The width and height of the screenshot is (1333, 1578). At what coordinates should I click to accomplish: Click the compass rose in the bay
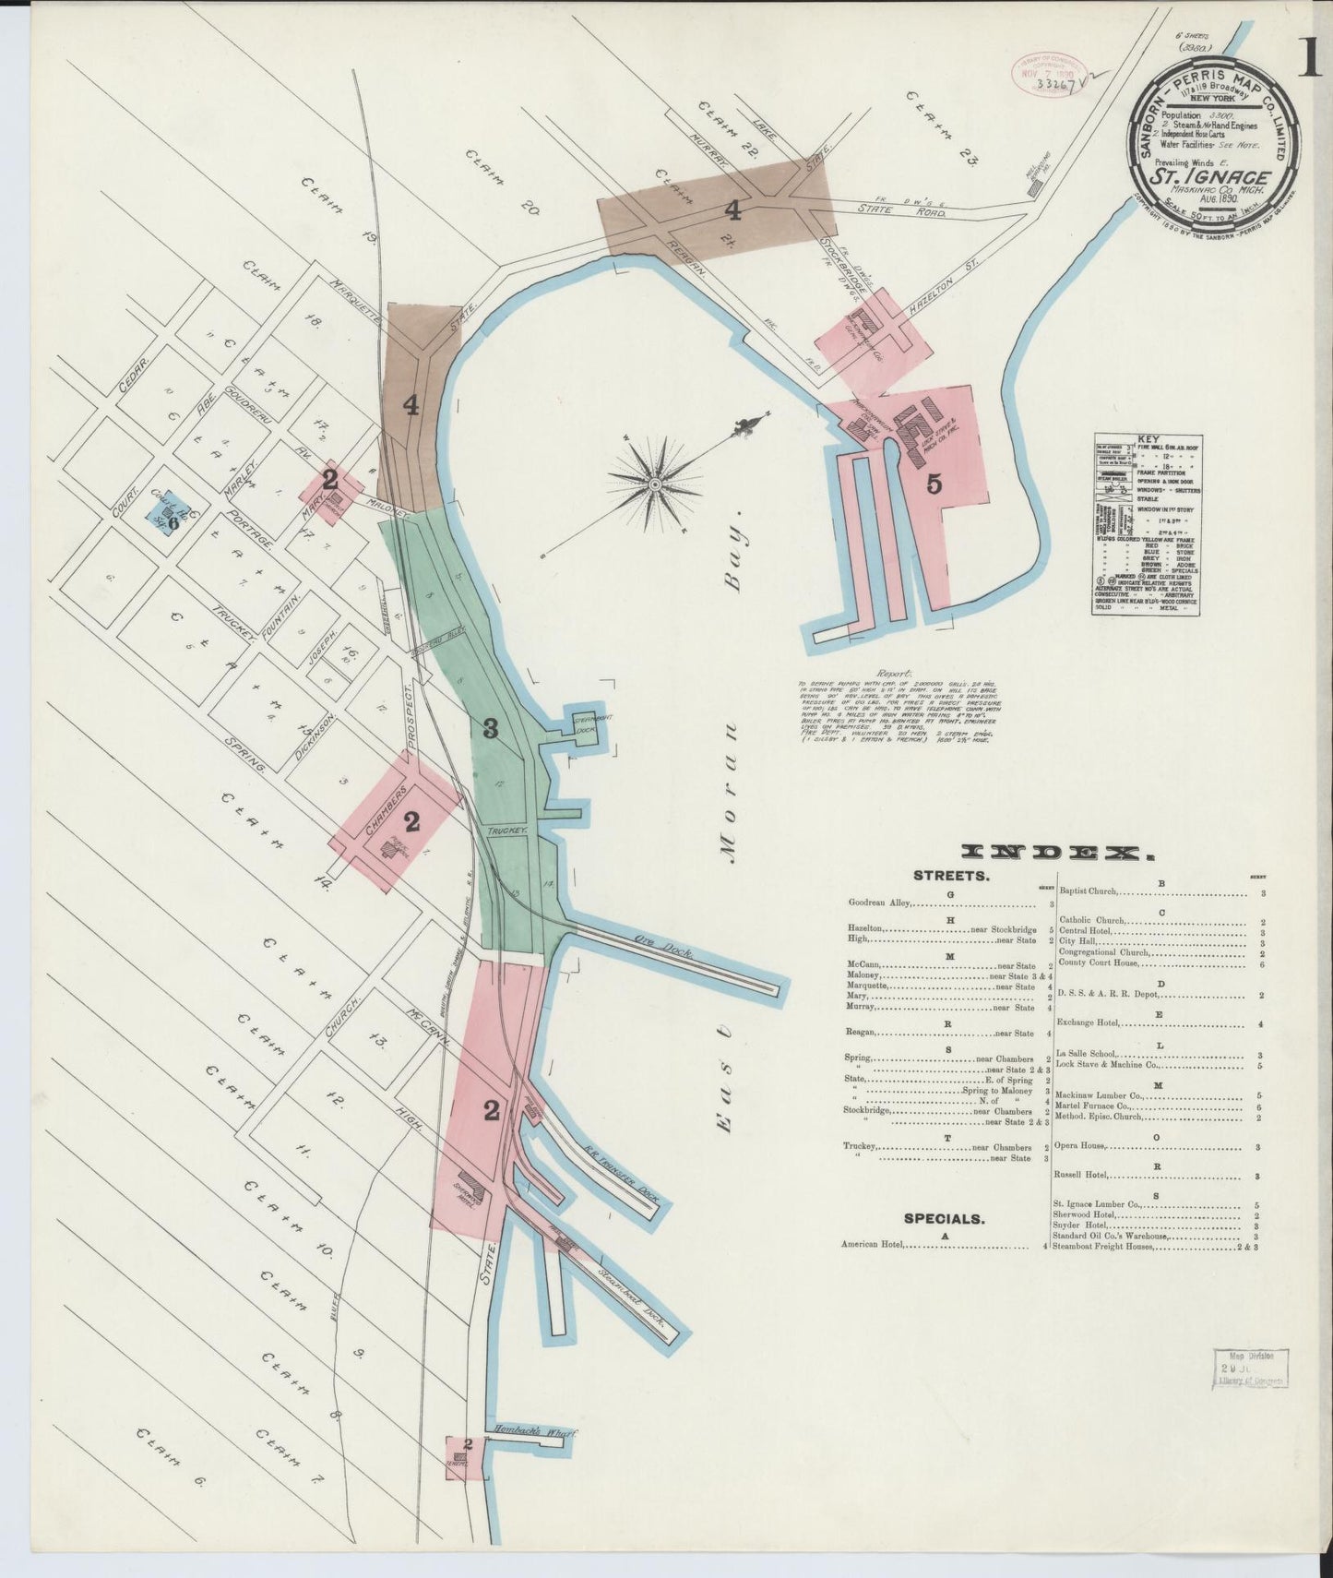(654, 482)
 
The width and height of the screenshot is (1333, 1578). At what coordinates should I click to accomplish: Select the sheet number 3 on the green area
(491, 729)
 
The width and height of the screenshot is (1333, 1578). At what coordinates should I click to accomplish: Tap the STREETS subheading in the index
(951, 877)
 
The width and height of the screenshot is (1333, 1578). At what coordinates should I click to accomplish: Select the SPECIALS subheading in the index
(944, 1218)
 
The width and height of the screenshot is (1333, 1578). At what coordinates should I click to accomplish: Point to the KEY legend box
(1147, 524)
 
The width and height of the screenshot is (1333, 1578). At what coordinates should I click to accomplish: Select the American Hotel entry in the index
(873, 1245)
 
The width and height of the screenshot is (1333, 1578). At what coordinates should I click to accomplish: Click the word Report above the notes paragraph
(895, 675)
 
